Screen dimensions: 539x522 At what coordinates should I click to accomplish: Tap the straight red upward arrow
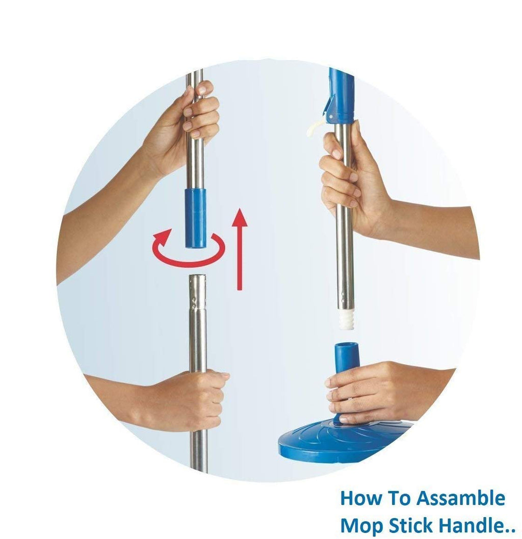point(239,255)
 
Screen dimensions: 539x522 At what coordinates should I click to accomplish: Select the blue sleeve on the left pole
point(195,218)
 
